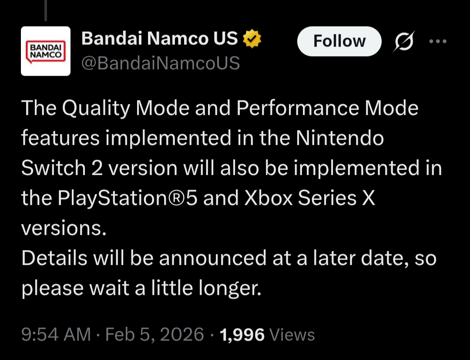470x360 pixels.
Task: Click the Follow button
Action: click(x=339, y=41)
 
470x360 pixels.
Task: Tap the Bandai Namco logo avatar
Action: click(x=46, y=51)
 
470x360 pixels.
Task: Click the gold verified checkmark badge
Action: click(x=252, y=38)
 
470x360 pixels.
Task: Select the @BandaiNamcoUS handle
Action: click(x=161, y=63)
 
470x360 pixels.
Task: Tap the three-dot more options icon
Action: click(x=438, y=41)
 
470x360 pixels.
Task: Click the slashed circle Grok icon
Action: click(x=404, y=41)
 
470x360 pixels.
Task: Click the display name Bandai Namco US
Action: click(x=159, y=38)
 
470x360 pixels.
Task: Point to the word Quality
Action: click(x=96, y=108)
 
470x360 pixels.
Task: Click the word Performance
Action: click(x=298, y=108)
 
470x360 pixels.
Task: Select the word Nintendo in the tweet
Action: click(x=340, y=138)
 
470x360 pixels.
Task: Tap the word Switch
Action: click(x=54, y=168)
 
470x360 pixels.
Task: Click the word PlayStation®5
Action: click(x=128, y=198)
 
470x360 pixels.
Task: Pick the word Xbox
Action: click(x=269, y=198)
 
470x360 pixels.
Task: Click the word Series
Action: click(x=327, y=198)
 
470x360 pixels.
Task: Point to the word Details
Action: click(x=54, y=258)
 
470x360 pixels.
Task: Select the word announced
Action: click(x=212, y=258)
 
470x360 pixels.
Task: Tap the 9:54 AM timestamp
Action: click(x=56, y=334)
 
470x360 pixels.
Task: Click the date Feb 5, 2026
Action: click(x=154, y=334)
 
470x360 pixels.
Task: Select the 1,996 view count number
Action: click(x=242, y=335)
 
